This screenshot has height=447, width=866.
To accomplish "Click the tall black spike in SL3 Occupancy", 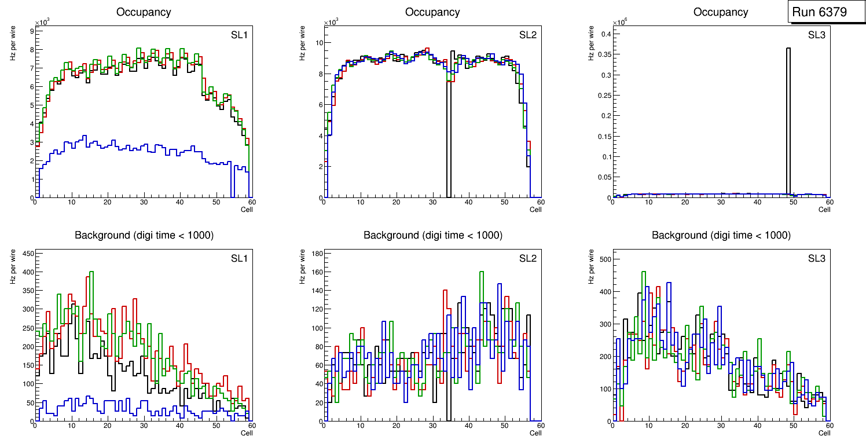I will (x=788, y=116).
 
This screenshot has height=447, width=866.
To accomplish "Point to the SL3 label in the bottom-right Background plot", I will (x=817, y=259).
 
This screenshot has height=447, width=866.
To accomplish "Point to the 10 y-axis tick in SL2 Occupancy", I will (x=318, y=42).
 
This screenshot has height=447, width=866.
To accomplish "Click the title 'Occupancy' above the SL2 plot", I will (x=432, y=12).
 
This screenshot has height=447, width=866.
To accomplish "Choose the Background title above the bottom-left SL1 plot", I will (x=144, y=235).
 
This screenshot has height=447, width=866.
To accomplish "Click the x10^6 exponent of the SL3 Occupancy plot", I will (x=620, y=22).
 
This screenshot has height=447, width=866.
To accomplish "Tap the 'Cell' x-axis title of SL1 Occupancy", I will (x=247, y=209).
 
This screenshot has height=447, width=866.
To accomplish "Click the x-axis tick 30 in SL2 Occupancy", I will (x=432, y=202).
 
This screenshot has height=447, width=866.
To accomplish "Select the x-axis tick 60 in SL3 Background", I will (x=829, y=426).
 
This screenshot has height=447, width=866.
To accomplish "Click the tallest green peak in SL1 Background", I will (x=91, y=272).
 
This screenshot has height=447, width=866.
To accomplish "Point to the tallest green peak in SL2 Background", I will (x=481, y=272).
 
